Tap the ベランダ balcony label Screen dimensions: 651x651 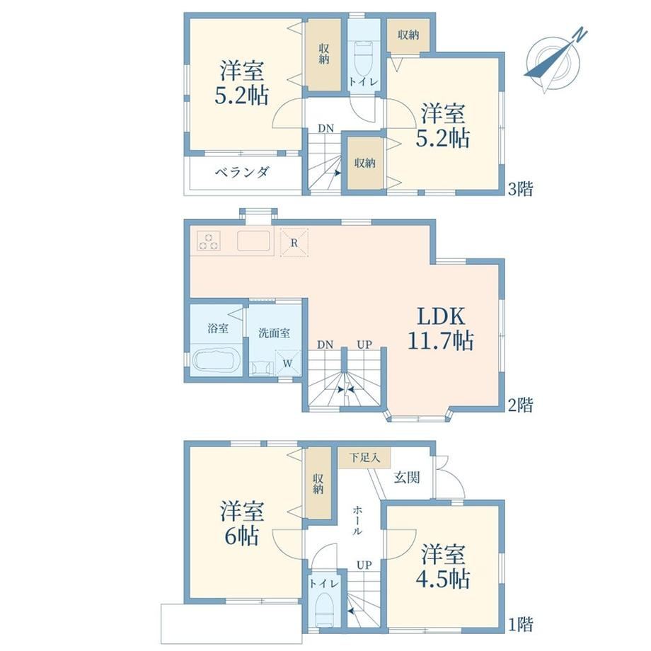coord(242,172)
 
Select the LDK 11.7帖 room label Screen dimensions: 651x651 coord(441,329)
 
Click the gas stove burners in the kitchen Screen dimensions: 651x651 coord(209,241)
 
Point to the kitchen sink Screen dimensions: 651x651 coord(253,241)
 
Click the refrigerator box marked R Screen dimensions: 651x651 coord(294,243)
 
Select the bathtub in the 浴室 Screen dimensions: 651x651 coord(217,360)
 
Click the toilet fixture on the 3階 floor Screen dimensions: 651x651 coord(364,59)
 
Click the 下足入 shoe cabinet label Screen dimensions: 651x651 coord(364,458)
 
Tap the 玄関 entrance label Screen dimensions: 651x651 coord(407,478)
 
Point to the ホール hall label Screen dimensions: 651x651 coord(357,520)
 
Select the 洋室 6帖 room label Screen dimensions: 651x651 coord(242,523)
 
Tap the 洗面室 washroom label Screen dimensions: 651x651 coord(274,333)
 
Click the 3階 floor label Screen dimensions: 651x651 coord(520,189)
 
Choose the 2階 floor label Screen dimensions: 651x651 coord(520,405)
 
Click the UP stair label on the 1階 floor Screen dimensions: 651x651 coord(364,565)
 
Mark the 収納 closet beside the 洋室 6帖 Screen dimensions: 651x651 coord(318,483)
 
